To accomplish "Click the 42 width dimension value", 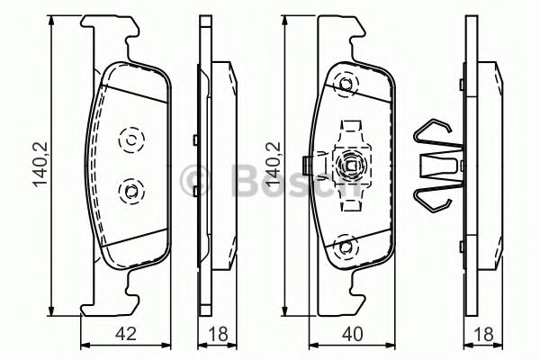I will [128, 334].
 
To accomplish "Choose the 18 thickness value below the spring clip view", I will [485, 334].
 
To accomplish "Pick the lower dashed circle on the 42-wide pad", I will [130, 190].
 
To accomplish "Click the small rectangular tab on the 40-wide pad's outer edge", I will [309, 166].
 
